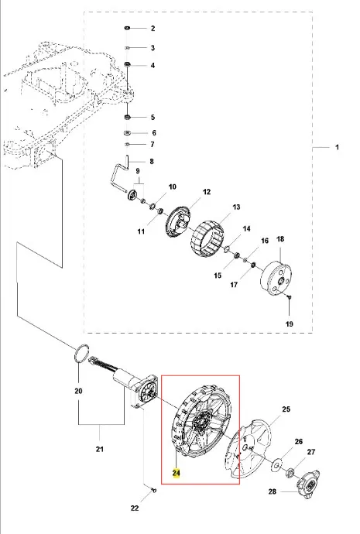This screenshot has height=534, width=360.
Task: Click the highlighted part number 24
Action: point(176,473)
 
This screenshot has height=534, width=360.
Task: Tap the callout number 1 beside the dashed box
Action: point(338,148)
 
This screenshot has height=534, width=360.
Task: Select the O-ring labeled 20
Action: point(81,353)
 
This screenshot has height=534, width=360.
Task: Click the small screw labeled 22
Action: point(153,490)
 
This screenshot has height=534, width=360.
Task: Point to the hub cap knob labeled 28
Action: point(309,484)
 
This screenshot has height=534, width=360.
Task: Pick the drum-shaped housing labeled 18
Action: point(276,279)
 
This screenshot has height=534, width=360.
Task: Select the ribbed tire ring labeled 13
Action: point(207,238)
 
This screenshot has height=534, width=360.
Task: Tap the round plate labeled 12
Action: point(177,221)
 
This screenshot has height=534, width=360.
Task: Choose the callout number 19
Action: point(289,323)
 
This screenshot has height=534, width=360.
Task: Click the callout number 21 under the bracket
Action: point(99,449)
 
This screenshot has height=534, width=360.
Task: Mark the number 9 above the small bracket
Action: point(138,170)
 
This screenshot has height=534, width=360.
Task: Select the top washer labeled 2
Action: point(128,28)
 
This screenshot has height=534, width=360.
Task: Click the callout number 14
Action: point(247,229)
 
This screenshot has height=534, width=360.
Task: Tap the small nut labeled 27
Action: point(291,472)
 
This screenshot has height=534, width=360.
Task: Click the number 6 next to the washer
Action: point(154,133)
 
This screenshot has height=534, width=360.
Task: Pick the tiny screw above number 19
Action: point(290,297)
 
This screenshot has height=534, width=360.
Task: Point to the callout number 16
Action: point(265,241)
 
